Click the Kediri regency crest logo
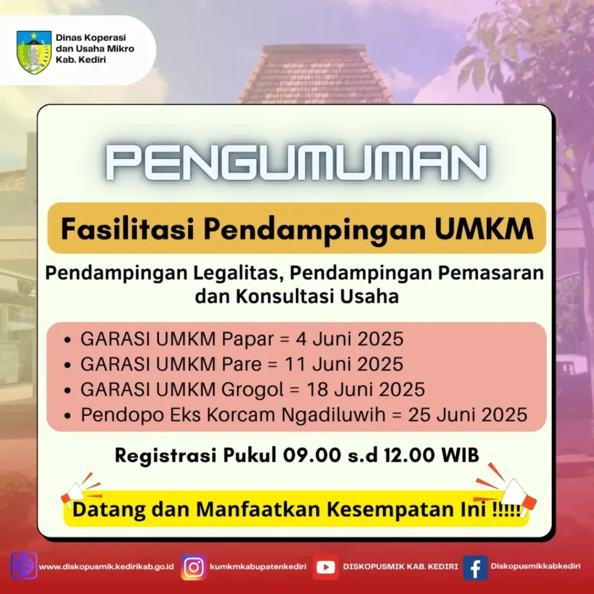34,52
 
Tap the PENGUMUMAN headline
296,162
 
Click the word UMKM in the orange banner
484,229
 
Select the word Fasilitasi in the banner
128,229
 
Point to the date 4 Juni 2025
350,339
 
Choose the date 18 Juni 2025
365,389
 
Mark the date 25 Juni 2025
468,415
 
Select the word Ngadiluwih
333,415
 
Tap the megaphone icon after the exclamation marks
508,491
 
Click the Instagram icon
194,567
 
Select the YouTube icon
325,567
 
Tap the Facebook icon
475,568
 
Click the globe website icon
24,566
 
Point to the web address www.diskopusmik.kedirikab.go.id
107,567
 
